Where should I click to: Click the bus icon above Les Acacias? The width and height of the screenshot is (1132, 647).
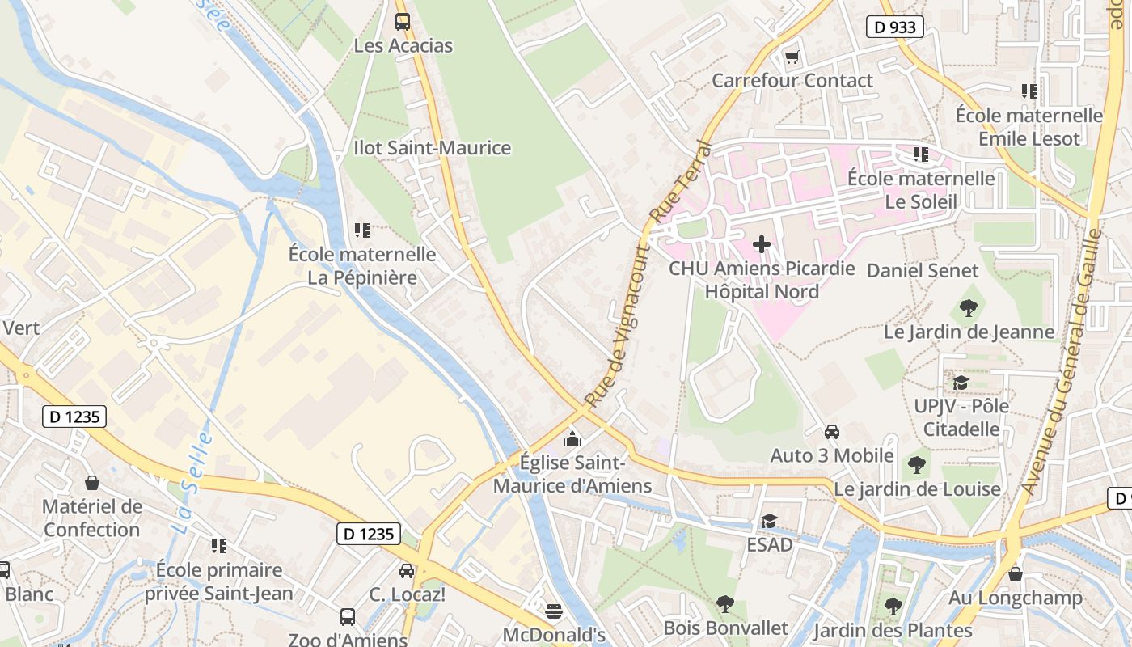point(402,22)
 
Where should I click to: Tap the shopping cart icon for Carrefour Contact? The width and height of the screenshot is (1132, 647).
point(792,57)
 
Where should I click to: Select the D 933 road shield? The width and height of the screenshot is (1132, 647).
point(895,27)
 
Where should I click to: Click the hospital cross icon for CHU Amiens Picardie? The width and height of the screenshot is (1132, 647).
point(761,244)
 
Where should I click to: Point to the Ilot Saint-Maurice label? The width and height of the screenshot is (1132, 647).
point(433,148)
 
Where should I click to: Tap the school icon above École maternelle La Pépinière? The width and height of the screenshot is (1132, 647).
point(362,230)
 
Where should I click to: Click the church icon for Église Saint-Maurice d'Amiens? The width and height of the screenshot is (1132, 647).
point(572,439)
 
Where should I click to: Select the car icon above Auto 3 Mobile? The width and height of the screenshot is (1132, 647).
point(831,432)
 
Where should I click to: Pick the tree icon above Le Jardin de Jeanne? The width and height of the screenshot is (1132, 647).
point(968,308)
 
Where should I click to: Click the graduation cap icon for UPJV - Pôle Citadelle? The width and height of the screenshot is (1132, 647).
point(961,383)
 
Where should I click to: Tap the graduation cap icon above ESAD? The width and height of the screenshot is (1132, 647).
point(768,522)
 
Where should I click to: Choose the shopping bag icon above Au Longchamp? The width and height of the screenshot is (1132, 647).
point(1015,574)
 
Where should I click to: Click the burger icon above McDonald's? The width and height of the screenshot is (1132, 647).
point(554,611)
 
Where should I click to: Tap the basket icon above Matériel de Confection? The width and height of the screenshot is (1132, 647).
point(92,484)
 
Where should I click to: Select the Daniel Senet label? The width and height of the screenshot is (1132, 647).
point(923,271)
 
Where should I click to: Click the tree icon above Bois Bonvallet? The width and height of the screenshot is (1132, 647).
point(724,604)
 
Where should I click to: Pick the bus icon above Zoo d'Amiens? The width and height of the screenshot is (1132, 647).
point(348,617)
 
